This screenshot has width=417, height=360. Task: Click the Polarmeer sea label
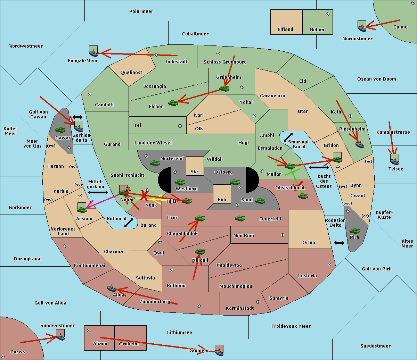141,11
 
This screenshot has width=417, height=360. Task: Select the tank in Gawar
60,129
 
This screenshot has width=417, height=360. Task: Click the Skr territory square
195,166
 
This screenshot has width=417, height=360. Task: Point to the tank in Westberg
180,182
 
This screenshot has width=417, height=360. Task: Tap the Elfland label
285,30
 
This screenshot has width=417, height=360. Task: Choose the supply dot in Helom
327,14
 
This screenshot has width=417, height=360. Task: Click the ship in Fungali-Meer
93,52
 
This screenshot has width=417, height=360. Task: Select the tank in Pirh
354,231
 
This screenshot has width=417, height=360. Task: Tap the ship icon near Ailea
111,288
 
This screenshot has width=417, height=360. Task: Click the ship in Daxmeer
219,351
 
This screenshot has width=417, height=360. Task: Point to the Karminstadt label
240,308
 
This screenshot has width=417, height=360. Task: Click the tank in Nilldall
200,251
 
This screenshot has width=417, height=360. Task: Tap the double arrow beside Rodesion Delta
339,243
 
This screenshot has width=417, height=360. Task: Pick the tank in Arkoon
82,209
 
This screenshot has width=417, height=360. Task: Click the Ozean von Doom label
376,79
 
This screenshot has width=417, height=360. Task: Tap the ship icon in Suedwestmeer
60,336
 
